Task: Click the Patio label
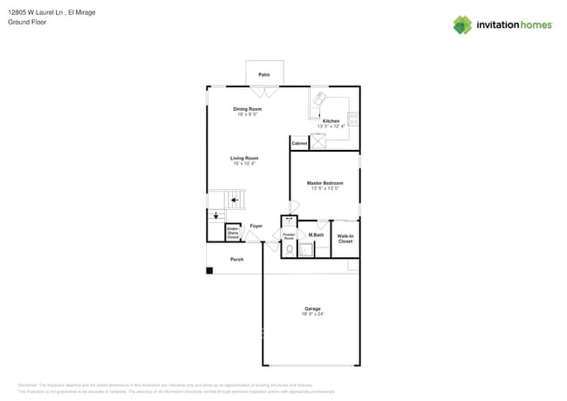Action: pyautogui.click(x=263, y=75)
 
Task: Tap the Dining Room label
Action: pyautogui.click(x=248, y=109)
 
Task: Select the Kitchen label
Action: pyautogui.click(x=331, y=121)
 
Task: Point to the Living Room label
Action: pyautogui.click(x=244, y=158)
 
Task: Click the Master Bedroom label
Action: pyautogui.click(x=324, y=183)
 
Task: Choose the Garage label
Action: pyautogui.click(x=312, y=309)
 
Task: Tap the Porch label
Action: pyautogui.click(x=236, y=260)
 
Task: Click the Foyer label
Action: pyautogui.click(x=256, y=226)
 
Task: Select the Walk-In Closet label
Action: pyautogui.click(x=345, y=238)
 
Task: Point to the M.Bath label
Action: pyautogui.click(x=316, y=235)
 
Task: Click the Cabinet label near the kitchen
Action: pyautogui.click(x=299, y=142)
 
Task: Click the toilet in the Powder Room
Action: pyautogui.click(x=289, y=248)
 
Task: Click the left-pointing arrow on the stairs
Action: pyautogui.click(x=235, y=200)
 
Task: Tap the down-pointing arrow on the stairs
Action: pyautogui.click(x=216, y=214)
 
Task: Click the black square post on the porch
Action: pyautogui.click(x=209, y=270)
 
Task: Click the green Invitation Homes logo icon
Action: pyautogui.click(x=461, y=24)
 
